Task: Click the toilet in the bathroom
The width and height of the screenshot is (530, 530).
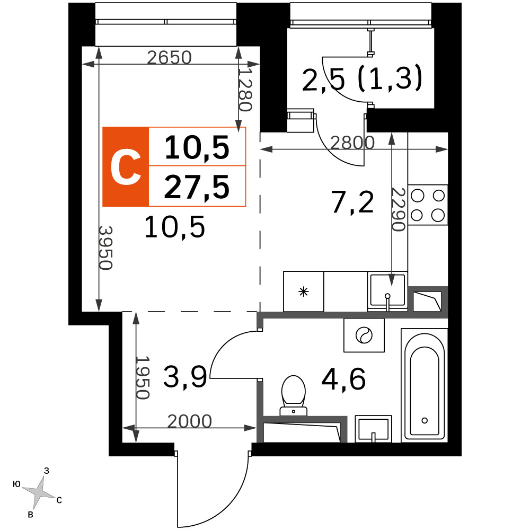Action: [294, 395]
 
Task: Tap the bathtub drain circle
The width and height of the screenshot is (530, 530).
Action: [425, 420]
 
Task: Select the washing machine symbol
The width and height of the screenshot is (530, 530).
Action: [364, 335]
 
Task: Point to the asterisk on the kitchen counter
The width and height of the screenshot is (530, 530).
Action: [304, 291]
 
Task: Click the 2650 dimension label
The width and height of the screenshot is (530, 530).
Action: [170, 57]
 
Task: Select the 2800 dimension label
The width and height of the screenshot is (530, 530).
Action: [352, 143]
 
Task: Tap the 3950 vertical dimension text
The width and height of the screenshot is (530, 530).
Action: [105, 248]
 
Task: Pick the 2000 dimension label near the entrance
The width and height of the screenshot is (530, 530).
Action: [190, 421]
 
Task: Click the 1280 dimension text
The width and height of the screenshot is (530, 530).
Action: [245, 90]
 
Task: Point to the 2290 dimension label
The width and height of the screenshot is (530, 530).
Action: [399, 209]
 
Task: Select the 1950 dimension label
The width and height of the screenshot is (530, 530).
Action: [142, 377]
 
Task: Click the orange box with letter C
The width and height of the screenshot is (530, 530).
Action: [126, 166]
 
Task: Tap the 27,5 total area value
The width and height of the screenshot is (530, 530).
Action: [197, 187]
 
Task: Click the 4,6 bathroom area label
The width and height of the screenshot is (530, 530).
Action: [343, 379]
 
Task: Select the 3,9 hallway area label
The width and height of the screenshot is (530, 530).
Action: [185, 377]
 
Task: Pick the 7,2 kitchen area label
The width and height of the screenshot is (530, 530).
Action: [352, 202]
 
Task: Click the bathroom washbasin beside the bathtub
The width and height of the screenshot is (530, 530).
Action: [373, 429]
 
